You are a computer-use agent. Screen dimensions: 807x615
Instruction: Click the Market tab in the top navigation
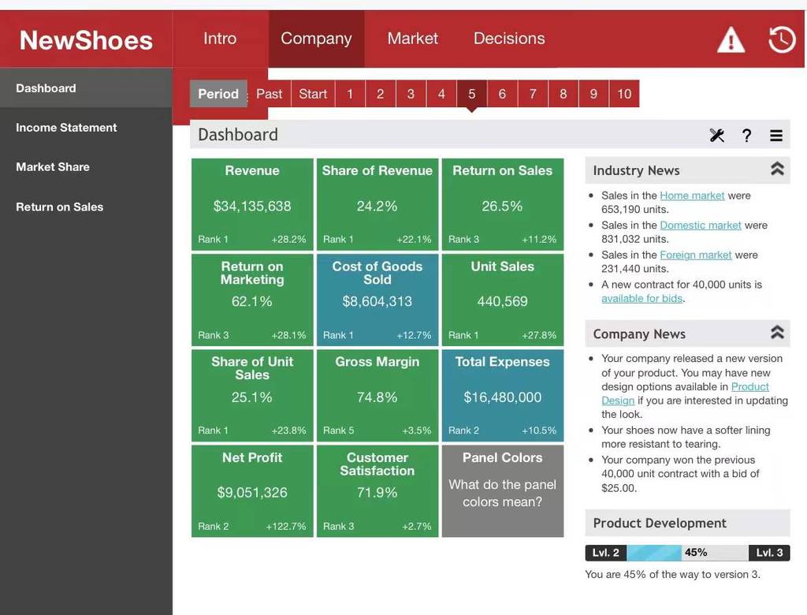(x=412, y=39)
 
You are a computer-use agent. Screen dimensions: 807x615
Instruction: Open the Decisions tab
(x=509, y=39)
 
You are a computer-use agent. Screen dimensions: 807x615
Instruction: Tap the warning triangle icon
(x=731, y=40)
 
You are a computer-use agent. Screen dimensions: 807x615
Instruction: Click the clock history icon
(x=782, y=39)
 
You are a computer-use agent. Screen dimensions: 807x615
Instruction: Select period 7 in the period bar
(x=533, y=94)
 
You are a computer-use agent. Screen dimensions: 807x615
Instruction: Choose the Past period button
(x=270, y=94)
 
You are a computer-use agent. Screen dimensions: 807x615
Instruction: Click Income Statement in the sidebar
(x=66, y=128)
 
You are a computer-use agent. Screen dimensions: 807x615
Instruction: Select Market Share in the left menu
(x=53, y=167)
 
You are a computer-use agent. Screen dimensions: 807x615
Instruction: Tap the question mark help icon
(x=746, y=136)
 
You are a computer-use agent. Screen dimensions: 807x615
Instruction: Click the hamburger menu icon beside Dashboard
(x=776, y=136)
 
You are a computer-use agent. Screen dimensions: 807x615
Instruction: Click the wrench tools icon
(x=717, y=135)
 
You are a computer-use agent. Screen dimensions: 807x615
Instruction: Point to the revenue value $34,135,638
(x=252, y=206)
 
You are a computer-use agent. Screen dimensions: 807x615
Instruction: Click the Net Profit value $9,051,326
(x=252, y=493)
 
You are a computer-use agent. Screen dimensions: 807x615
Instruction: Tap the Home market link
(x=692, y=196)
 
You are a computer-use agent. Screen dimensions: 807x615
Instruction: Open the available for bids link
(x=642, y=298)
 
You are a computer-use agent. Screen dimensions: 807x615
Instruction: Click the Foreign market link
(x=696, y=255)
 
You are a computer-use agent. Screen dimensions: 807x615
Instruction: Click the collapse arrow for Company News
(x=777, y=332)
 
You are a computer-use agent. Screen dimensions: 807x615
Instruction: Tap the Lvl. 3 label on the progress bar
(x=769, y=553)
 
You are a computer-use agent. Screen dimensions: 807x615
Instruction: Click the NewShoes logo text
(x=86, y=40)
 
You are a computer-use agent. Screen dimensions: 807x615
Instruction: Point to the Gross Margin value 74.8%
(x=377, y=397)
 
